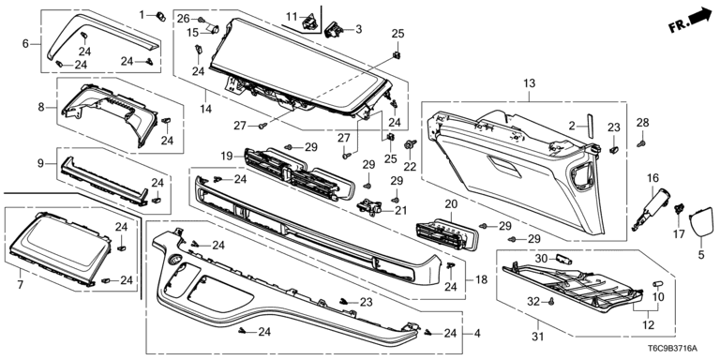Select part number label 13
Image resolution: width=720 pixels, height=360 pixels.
tap(529, 83)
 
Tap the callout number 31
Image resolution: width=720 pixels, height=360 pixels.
tap(538, 337)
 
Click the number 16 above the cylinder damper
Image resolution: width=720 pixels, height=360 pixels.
tap(652, 178)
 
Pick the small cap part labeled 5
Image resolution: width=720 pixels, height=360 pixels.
tap(699, 222)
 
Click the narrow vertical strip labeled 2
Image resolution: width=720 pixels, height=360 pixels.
tap(589, 124)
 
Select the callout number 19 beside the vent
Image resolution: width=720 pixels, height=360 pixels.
tap(226, 156)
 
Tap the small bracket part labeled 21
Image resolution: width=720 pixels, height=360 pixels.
tap(369, 207)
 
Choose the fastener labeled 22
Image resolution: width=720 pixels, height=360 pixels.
tap(409, 145)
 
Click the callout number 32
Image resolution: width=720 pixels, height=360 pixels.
tap(533, 301)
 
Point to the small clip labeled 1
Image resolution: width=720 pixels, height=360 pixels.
tap(160, 17)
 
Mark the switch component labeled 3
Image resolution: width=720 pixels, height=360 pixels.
tap(334, 31)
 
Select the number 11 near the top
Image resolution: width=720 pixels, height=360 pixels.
tap(292, 17)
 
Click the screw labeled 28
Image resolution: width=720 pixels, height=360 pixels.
tap(641, 144)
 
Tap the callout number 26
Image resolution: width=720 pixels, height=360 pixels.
tap(184, 19)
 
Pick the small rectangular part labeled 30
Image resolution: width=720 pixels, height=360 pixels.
tap(563, 259)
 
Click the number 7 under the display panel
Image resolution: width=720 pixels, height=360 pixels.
tap(21, 285)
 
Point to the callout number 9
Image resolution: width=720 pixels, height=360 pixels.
tap(40, 162)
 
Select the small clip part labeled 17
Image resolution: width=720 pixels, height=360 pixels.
tap(678, 209)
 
